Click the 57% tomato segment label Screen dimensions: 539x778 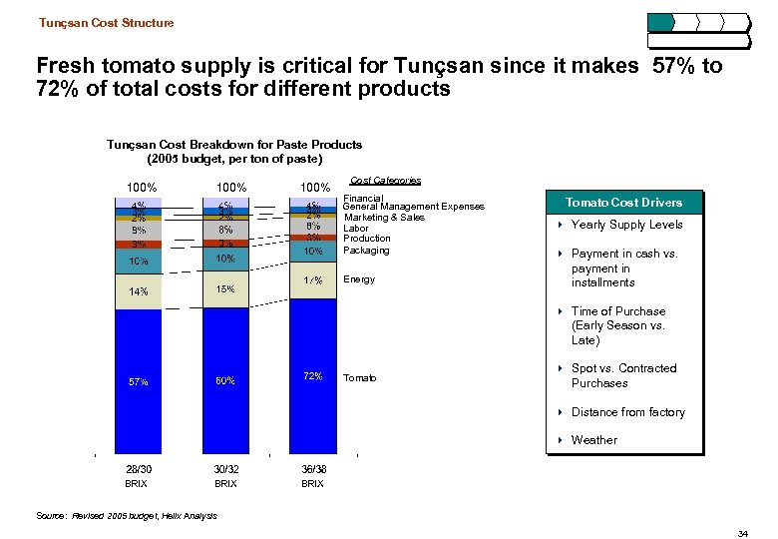click(x=139, y=381)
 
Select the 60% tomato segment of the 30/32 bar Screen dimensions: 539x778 click(x=226, y=380)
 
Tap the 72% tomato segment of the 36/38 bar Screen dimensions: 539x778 click(x=312, y=376)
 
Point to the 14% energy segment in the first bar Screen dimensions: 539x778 click(x=139, y=292)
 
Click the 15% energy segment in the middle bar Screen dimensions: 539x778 click(x=226, y=289)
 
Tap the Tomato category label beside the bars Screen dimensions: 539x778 click(x=360, y=377)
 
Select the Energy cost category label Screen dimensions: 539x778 click(x=359, y=279)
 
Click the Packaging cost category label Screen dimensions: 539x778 click(x=366, y=250)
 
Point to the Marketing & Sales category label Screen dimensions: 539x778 click(x=383, y=218)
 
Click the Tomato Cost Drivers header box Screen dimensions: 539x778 click(x=625, y=203)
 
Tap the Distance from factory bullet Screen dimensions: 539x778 click(x=627, y=412)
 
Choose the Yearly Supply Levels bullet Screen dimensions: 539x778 click(x=626, y=225)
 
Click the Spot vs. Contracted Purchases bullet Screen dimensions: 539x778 click(x=623, y=375)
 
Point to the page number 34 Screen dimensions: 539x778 click(x=742, y=535)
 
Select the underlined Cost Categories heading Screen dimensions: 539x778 click(x=385, y=181)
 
